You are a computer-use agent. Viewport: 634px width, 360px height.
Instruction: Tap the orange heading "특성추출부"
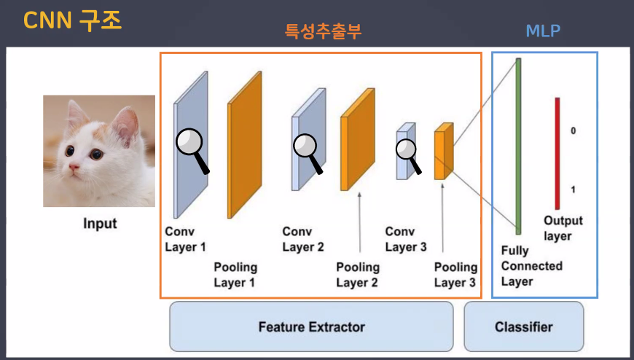(x=322, y=31)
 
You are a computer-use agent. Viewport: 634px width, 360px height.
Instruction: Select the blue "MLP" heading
(x=543, y=31)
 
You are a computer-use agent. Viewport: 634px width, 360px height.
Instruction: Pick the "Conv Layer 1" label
(x=185, y=239)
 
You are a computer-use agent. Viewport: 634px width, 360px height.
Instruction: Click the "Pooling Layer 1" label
(x=235, y=275)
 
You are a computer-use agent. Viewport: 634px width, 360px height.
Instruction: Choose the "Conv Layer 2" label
(x=302, y=239)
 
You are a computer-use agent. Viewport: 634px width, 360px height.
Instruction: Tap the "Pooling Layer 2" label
(x=357, y=275)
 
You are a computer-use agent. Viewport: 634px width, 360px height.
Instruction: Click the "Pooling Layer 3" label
(x=455, y=275)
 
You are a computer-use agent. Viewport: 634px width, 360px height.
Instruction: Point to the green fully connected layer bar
(x=518, y=146)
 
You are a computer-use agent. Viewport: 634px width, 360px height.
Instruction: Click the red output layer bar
(x=557, y=153)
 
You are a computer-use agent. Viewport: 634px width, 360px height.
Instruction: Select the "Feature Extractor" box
(x=311, y=326)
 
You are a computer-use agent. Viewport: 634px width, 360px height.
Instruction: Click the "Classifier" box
(x=523, y=326)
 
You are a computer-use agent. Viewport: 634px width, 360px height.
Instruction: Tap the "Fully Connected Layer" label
(x=531, y=266)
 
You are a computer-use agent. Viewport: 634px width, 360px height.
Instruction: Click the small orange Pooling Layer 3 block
(x=439, y=153)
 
